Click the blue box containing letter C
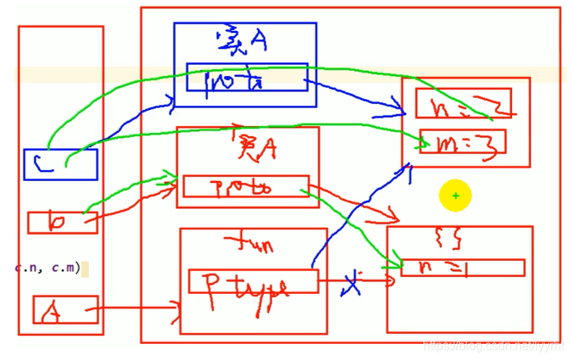pyautogui.click(x=60, y=164)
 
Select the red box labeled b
pyautogui.click(x=62, y=222)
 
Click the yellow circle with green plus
pyautogui.click(x=455, y=196)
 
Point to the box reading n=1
pyautogui.click(x=462, y=267)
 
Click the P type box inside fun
pyautogui.click(x=253, y=282)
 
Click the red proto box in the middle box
pyautogui.click(x=245, y=186)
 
